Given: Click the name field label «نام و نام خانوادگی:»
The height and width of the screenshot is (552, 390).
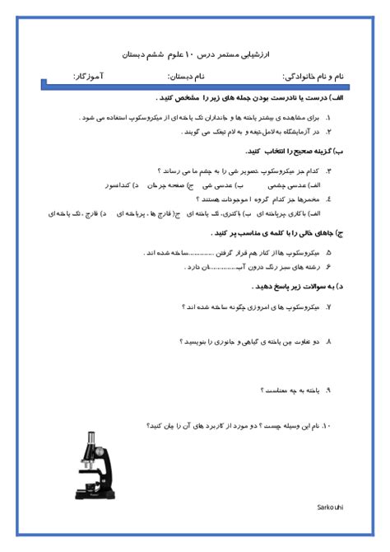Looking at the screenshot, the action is tap(313, 76).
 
